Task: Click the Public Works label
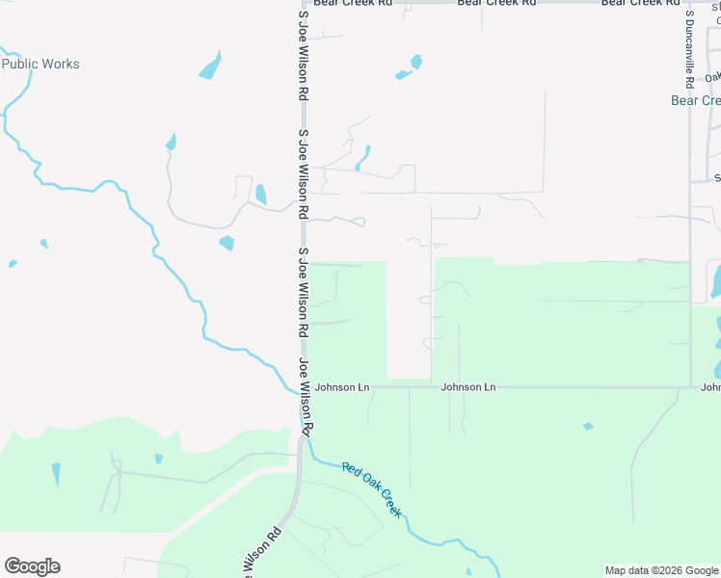(40, 65)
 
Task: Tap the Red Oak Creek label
(372, 488)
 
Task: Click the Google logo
(32, 566)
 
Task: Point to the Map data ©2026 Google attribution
(661, 570)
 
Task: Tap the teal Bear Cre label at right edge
(696, 100)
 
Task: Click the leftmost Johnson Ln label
(342, 387)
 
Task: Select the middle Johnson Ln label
(468, 387)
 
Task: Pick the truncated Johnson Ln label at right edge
(710, 387)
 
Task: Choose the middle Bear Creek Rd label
(496, 3)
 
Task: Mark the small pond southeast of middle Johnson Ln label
(587, 426)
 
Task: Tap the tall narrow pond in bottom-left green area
(56, 473)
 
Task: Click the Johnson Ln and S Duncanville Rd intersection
(690, 387)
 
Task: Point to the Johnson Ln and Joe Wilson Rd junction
(303, 387)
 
